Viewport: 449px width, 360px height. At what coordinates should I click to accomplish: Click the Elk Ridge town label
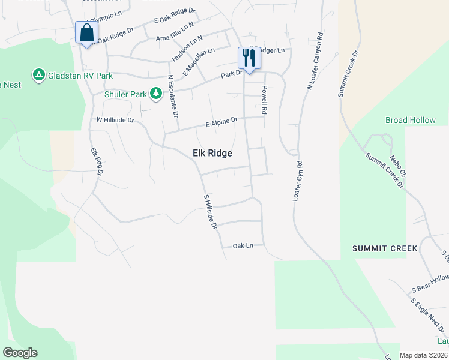click(212, 154)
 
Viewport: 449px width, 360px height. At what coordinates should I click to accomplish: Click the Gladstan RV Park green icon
click(38, 74)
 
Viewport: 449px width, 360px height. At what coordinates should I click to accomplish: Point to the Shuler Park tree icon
click(156, 93)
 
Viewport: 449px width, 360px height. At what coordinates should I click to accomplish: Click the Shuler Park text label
click(125, 94)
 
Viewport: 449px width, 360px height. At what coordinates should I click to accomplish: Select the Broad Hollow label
click(411, 120)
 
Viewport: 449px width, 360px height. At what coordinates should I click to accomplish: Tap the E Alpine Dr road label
click(221, 122)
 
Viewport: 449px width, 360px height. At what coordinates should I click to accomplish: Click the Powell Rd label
click(264, 100)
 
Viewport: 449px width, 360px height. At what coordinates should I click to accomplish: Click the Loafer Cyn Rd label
click(297, 180)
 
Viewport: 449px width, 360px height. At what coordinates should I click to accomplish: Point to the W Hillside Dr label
click(115, 120)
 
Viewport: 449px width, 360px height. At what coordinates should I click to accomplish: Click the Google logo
click(20, 353)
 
